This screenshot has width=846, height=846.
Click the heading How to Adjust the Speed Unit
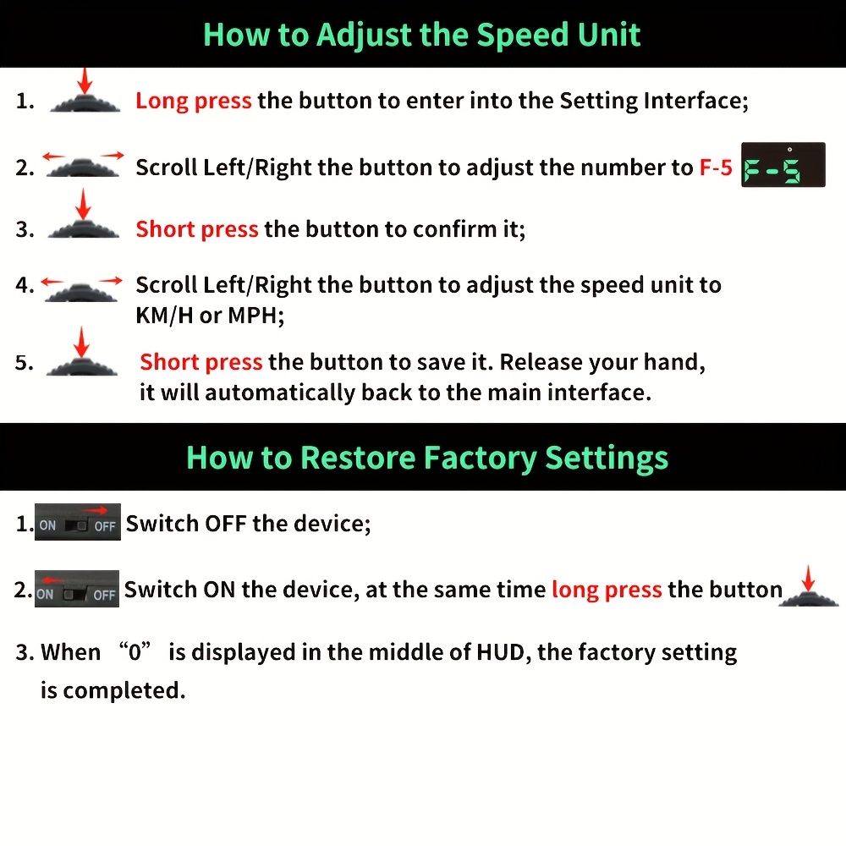[x=421, y=35]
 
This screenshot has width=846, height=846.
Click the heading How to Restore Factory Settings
[x=426, y=458]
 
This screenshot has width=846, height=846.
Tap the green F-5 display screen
[x=783, y=165]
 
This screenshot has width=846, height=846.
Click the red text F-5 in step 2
[x=716, y=168]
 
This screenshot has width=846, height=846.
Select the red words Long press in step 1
[x=193, y=101]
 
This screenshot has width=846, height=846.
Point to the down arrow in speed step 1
[x=85, y=81]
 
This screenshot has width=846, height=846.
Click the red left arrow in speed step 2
[x=54, y=157]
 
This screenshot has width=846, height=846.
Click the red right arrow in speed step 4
[x=111, y=281]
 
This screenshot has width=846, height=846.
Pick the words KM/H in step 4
[x=164, y=315]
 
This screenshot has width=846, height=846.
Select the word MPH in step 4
[x=255, y=315]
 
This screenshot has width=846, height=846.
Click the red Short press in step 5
[x=201, y=362]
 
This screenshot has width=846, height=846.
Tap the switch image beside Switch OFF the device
[x=78, y=522]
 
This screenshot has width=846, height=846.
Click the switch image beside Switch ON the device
[x=77, y=589]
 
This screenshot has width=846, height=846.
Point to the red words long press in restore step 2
[x=607, y=590]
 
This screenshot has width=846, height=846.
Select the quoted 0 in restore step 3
[x=135, y=651]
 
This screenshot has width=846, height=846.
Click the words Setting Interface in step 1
[x=654, y=101]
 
